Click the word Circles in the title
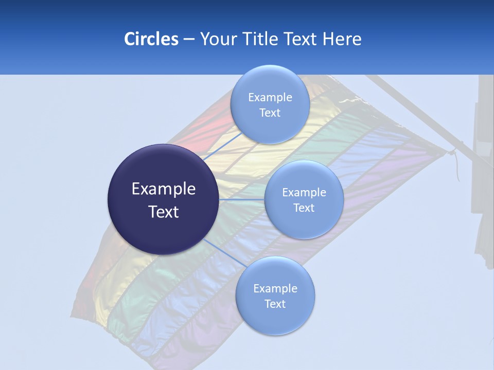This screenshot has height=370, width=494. coord(151,39)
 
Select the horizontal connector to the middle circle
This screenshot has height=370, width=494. coord(242,199)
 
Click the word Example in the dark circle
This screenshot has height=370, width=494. coord(163,189)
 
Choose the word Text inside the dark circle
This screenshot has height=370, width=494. coord(163,212)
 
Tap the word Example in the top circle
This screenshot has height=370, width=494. coord(270,98)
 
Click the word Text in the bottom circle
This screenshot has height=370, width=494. coord(275,304)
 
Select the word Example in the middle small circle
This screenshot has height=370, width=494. coord(304,193)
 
